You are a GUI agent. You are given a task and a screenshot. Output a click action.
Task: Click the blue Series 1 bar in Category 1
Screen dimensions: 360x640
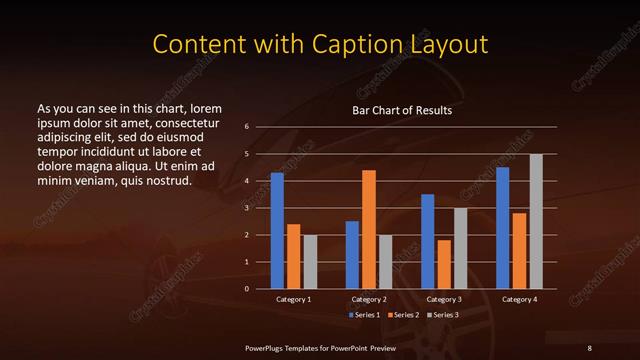[x=277, y=231]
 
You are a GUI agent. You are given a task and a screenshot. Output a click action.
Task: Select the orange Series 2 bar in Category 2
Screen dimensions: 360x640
[x=369, y=229]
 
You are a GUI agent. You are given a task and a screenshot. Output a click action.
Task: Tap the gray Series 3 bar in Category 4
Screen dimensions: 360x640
[x=536, y=221]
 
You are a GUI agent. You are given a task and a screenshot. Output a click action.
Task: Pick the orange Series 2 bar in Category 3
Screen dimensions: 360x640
[x=444, y=264]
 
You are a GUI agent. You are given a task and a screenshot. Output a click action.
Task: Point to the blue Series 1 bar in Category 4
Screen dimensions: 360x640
[x=502, y=228]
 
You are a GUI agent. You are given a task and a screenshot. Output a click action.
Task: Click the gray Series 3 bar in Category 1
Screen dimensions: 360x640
[x=310, y=262]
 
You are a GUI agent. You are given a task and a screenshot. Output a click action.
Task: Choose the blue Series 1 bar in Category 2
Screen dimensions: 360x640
[x=352, y=255]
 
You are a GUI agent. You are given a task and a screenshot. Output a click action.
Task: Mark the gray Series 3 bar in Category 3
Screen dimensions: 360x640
[x=461, y=248]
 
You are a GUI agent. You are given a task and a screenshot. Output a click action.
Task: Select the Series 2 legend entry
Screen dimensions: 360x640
[x=402, y=315]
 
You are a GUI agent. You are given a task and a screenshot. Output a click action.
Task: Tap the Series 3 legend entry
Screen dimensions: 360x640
[x=444, y=315]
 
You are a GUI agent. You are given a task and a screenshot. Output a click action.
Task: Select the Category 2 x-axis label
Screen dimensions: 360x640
[x=369, y=299]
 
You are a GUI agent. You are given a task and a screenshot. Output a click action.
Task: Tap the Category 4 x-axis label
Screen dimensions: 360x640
[x=519, y=299]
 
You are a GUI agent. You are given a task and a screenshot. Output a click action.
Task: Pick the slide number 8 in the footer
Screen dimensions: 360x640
[x=590, y=347]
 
